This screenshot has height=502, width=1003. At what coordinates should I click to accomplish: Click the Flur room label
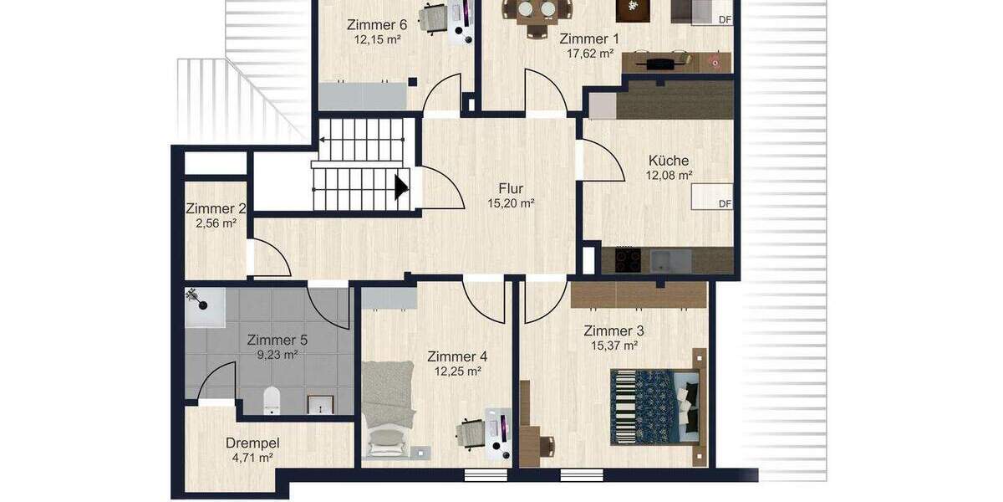[511, 188]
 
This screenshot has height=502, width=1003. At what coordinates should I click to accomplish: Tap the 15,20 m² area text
[511, 202]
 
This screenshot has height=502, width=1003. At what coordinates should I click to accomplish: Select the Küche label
[669, 161]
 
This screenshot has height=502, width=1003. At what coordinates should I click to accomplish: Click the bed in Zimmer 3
[655, 407]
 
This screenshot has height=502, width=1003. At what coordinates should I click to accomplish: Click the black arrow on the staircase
[401, 187]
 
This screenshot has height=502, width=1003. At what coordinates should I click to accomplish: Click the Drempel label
[252, 443]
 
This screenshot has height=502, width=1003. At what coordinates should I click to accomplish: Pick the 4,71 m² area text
[252, 458]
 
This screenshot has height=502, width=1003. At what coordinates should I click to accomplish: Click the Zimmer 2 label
[216, 209]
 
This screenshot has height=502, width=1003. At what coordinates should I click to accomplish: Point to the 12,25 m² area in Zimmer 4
[457, 371]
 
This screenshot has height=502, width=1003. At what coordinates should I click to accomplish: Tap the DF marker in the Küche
[725, 203]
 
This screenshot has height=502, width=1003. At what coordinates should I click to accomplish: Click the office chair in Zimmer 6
[434, 18]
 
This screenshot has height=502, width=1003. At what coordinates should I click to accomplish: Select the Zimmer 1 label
[589, 38]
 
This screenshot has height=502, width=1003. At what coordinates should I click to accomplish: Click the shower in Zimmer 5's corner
[204, 306]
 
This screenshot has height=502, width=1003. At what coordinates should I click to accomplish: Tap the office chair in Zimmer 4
[470, 433]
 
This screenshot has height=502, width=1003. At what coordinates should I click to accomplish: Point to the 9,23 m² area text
[277, 355]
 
